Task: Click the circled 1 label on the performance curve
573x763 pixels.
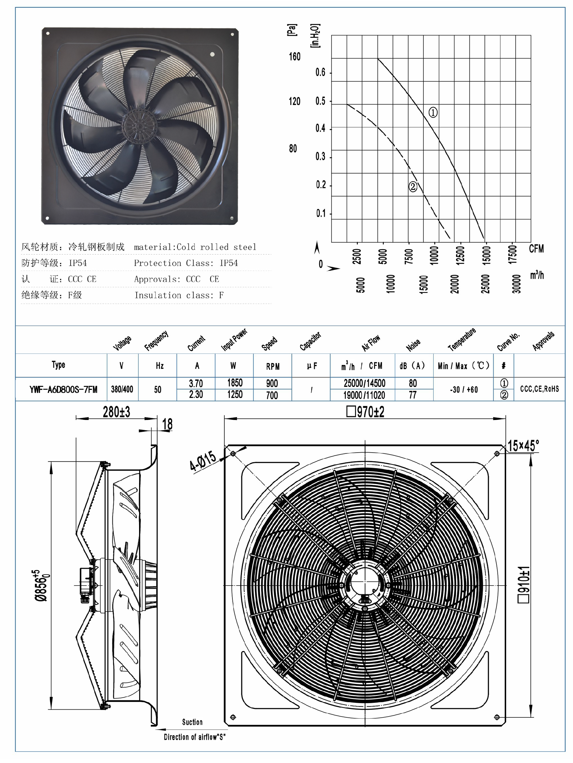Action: pos(432,112)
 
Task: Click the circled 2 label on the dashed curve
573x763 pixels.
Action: pos(412,187)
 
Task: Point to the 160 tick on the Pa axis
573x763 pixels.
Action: pos(295,57)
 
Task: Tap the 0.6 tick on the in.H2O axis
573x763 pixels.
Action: pos(320,72)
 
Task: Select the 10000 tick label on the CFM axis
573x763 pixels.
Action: pos(434,255)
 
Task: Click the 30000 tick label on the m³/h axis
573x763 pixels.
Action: pos(516,284)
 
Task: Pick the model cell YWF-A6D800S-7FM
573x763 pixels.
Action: pos(63,390)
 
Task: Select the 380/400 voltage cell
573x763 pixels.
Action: pos(122,390)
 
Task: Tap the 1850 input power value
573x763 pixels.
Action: pos(235,383)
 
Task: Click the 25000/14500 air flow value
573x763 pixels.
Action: pos(364,383)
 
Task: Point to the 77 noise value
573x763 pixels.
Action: pos(412,395)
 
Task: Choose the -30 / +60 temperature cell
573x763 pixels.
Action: pos(463,390)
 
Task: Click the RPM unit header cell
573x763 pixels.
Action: pos(273,366)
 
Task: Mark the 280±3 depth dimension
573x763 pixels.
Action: pos(116,412)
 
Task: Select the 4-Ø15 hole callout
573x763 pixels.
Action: pos(203,461)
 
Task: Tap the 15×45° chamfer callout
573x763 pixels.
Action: pos(523,446)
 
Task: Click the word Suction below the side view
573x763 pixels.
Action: pos(192,722)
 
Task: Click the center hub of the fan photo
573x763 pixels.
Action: pos(139,126)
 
